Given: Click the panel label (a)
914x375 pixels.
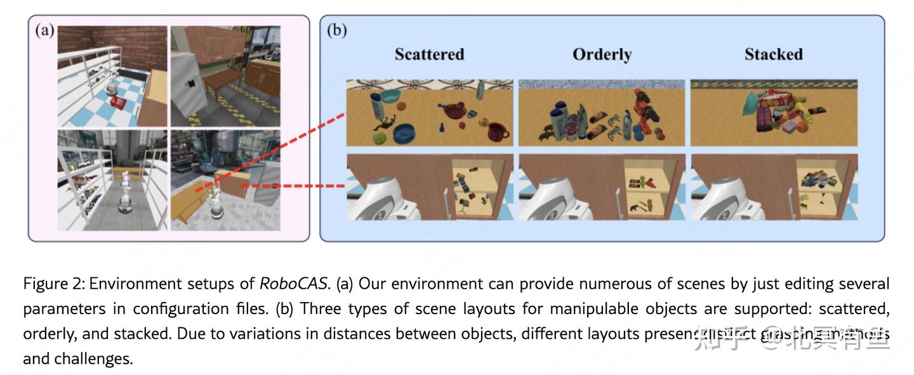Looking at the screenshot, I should [44, 30].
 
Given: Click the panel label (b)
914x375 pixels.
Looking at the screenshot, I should [336, 30].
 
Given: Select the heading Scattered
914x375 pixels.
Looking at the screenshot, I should [429, 55].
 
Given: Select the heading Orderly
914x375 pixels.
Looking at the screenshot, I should [602, 55].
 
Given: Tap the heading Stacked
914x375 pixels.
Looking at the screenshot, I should [773, 55].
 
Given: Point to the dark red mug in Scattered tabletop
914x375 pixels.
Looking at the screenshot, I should [498, 132].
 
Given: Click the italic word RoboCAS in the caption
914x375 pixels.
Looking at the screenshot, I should [294, 284].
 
